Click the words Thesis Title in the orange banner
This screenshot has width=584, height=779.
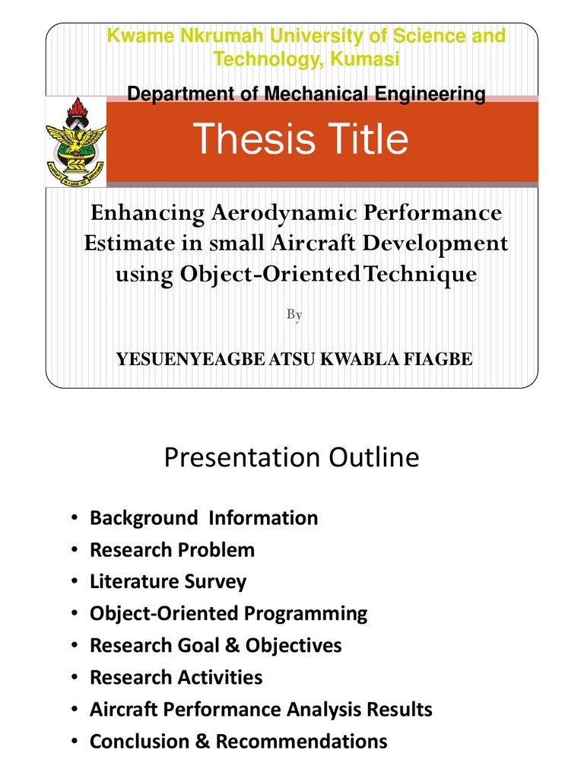coord(300,139)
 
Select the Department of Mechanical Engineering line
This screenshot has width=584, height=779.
coord(306,94)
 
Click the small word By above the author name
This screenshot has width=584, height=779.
coord(294,315)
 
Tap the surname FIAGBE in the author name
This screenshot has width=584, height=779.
coord(440,359)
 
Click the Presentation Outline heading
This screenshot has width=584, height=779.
coord(291,457)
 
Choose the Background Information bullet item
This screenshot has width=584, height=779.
coord(204,518)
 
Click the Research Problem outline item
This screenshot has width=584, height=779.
coord(172,550)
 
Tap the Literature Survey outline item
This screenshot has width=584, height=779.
coord(168,582)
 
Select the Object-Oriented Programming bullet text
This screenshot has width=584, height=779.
coord(228,613)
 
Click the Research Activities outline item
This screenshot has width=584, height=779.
coord(176,677)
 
